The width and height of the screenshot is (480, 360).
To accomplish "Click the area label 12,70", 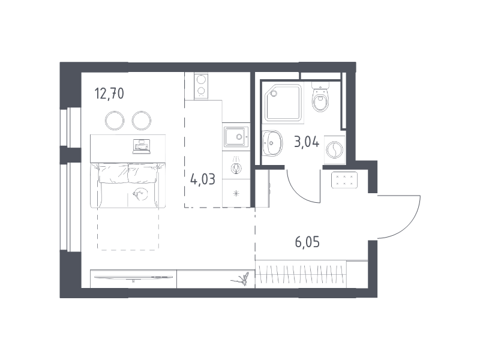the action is click(x=109, y=94).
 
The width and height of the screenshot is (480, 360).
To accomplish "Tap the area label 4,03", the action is click(x=203, y=179).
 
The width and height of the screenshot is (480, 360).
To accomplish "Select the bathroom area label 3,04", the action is click(x=307, y=142).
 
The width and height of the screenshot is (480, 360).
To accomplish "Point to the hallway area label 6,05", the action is click(x=307, y=242).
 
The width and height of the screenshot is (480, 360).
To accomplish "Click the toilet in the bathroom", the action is click(x=320, y=97).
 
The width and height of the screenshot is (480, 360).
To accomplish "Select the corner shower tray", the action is click(x=283, y=103).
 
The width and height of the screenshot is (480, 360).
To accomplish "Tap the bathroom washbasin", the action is click(x=272, y=143).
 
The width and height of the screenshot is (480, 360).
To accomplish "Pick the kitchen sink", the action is click(x=236, y=137).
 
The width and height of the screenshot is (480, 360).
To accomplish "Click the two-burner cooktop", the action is click(x=201, y=86).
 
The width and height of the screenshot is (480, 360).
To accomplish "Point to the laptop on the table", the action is click(x=142, y=146).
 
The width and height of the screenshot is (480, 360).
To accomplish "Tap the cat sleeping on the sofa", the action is click(x=140, y=194).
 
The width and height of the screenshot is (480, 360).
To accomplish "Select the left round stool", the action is click(x=115, y=121).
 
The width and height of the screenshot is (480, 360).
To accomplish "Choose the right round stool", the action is click(x=142, y=121).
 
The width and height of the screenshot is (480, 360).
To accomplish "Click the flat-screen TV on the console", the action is click(x=133, y=277).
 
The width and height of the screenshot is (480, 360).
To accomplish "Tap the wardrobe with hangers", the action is click(x=301, y=274).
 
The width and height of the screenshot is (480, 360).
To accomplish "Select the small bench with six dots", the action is click(x=344, y=180).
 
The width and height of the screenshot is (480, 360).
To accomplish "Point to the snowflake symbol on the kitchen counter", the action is click(x=236, y=193).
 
